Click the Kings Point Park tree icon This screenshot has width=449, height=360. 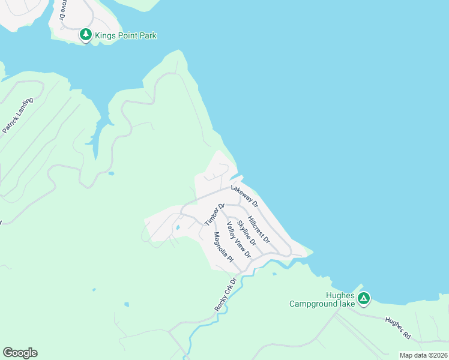(86, 35)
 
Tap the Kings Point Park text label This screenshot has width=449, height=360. (125, 36)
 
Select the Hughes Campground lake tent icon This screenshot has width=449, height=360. (363, 298)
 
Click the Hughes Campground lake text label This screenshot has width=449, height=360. (322, 299)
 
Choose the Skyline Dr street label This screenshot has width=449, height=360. (246, 233)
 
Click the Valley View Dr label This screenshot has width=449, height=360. (238, 240)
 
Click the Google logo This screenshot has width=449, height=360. (20, 353)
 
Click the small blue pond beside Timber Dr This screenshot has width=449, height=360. (178, 229)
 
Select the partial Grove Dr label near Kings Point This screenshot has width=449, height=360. (62, 10)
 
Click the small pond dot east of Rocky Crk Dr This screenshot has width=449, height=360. (274, 274)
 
